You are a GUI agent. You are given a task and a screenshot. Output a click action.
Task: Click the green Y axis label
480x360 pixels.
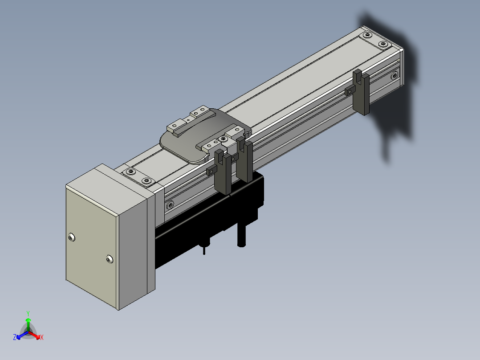pyautogui.click(x=28, y=313)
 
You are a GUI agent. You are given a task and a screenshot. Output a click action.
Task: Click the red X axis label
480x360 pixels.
pyautogui.click(x=42, y=337)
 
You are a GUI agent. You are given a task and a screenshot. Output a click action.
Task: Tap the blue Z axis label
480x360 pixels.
pyautogui.click(x=14, y=337)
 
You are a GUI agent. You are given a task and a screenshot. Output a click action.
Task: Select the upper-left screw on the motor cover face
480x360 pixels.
pyautogui.click(x=71, y=237)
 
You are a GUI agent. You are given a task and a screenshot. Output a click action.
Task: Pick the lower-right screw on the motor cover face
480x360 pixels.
pyautogui.click(x=109, y=259)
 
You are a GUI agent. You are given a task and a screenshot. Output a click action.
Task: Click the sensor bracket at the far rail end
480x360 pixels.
pyautogui.click(x=361, y=92)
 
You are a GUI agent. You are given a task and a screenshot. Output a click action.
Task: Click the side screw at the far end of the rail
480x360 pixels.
pyautogui.click(x=395, y=75)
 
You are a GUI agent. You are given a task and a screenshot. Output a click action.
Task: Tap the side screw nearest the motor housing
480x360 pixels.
pyautogui.click(x=170, y=205)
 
